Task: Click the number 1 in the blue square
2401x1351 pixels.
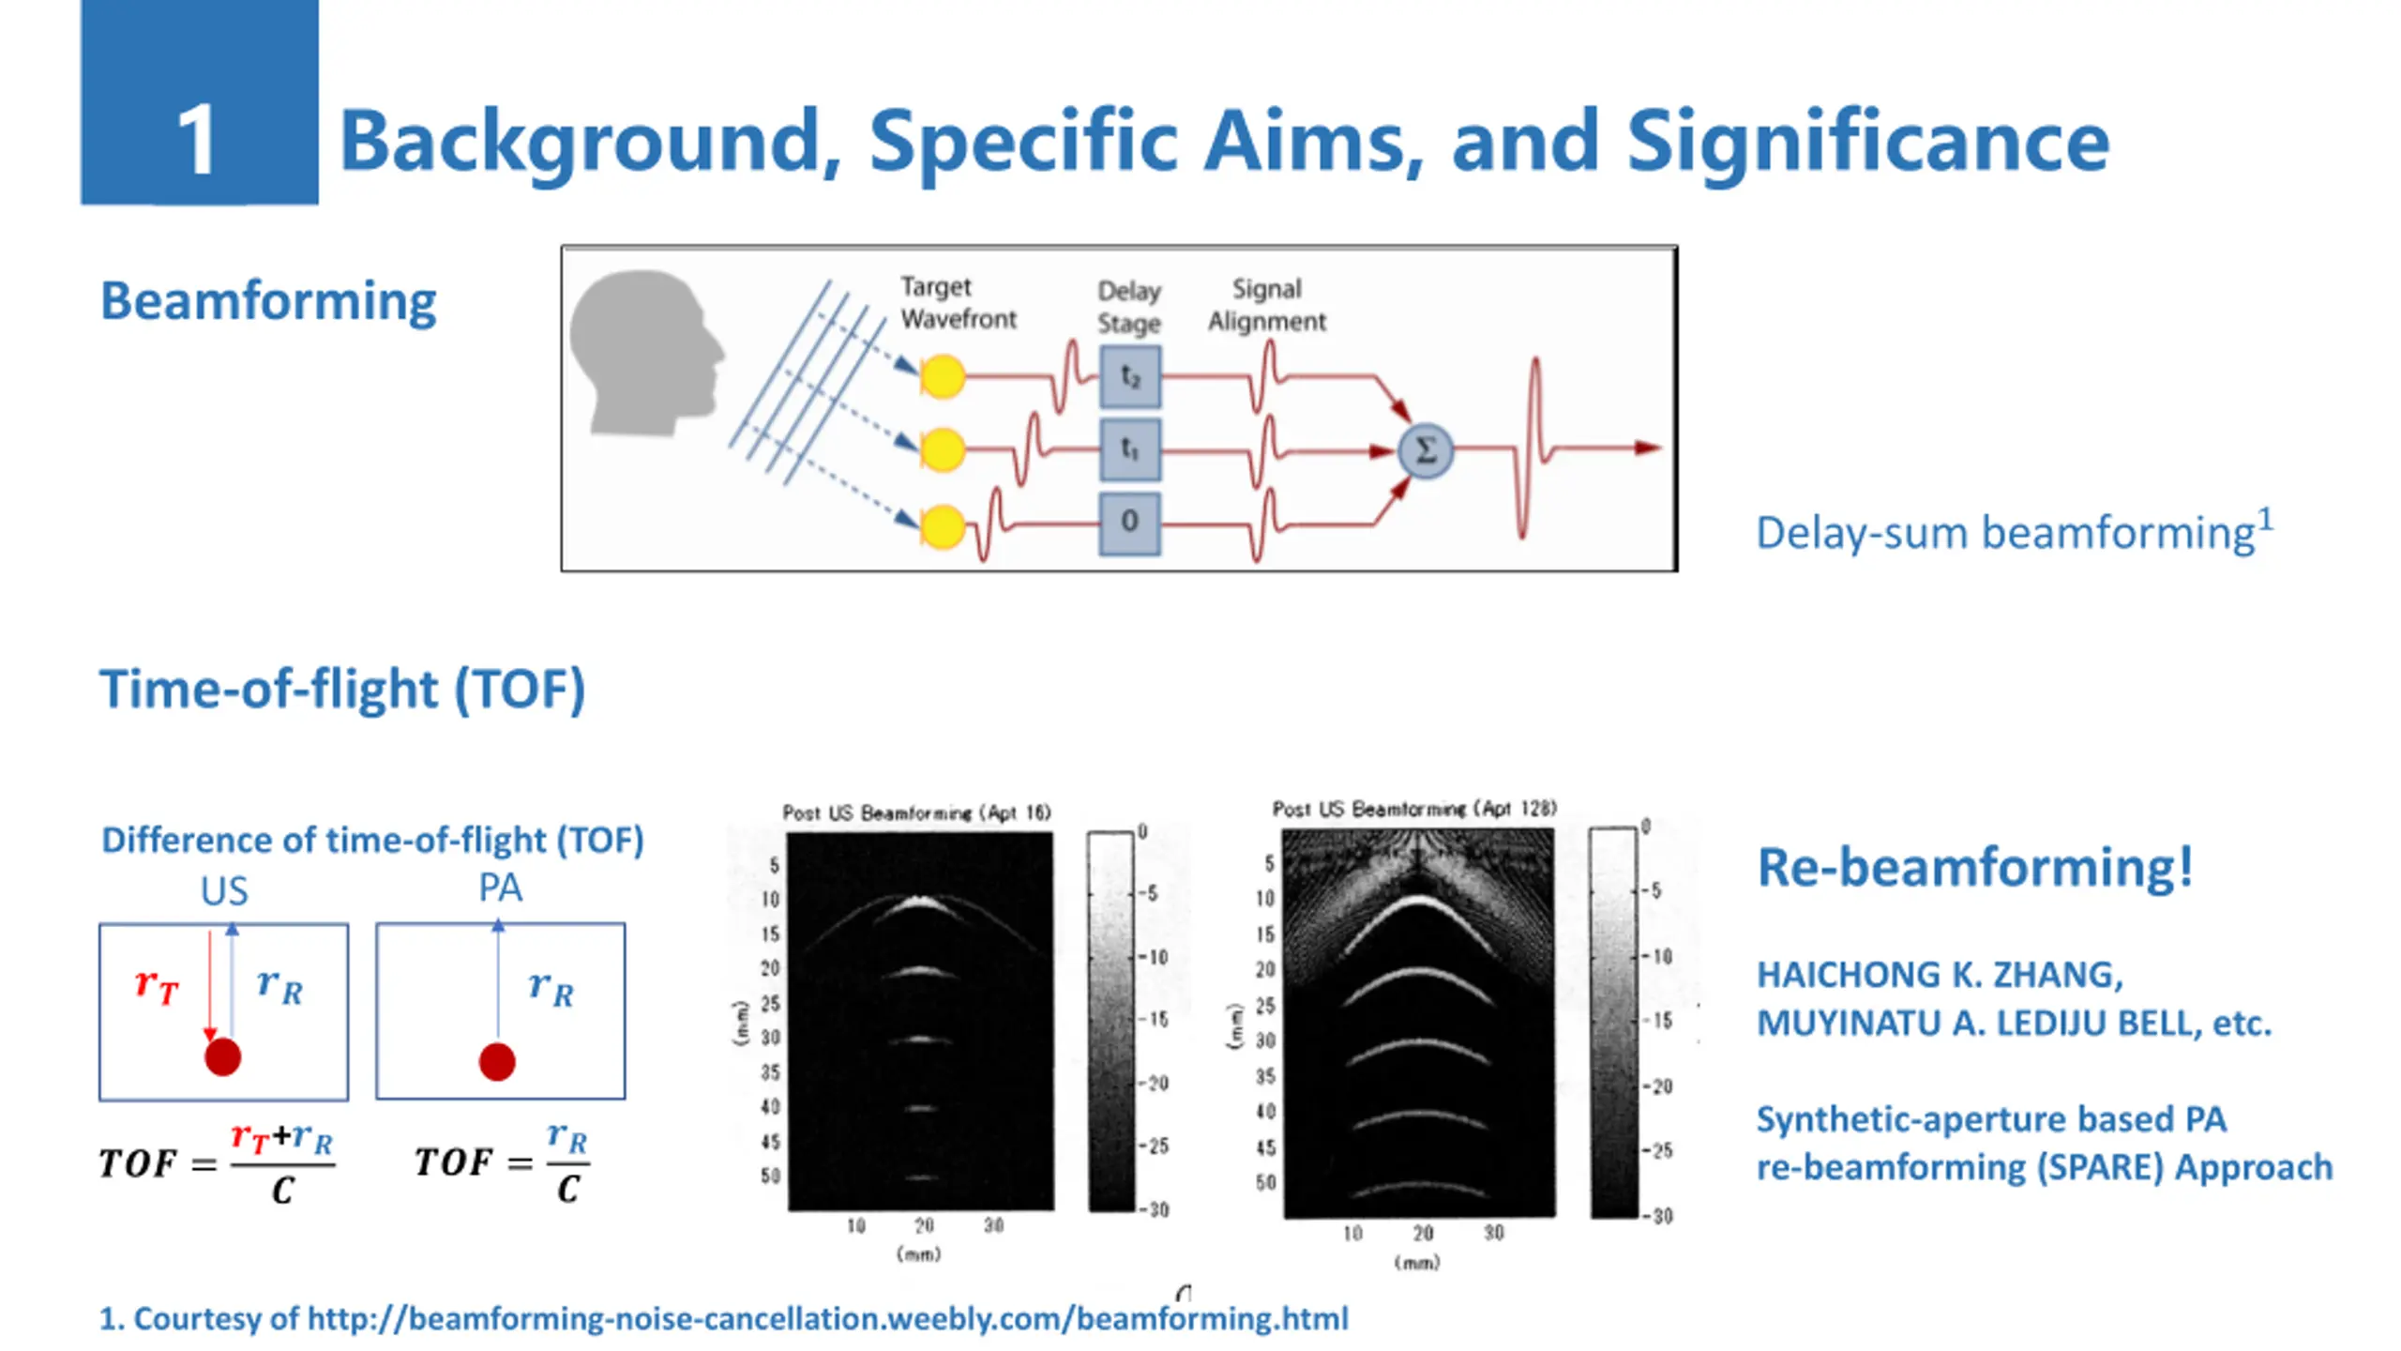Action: coord(197,141)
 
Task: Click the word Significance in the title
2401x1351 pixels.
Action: coord(1866,141)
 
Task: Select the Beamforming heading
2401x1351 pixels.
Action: coord(268,301)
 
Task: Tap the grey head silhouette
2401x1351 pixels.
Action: coord(642,352)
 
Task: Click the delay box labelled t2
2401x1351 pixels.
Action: coord(1129,377)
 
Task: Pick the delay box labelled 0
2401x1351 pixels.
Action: coord(1129,522)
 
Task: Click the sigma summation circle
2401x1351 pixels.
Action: coord(1425,451)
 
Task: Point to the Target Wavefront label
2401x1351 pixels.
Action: coord(958,302)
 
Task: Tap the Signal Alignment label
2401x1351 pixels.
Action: coord(1266,305)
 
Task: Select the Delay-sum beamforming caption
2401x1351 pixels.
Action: coord(2013,533)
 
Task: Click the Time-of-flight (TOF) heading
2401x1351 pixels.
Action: coord(342,690)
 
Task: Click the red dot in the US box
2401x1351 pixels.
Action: coord(223,1057)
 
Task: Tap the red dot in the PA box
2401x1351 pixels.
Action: coord(497,1062)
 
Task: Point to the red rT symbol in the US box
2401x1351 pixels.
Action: coord(156,985)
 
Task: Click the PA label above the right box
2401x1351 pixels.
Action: coord(500,888)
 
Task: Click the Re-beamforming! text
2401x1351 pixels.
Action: coord(1975,867)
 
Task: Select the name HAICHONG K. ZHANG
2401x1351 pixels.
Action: coord(1940,975)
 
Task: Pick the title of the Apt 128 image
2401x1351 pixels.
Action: coord(1414,809)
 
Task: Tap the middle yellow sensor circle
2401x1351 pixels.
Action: coord(942,450)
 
